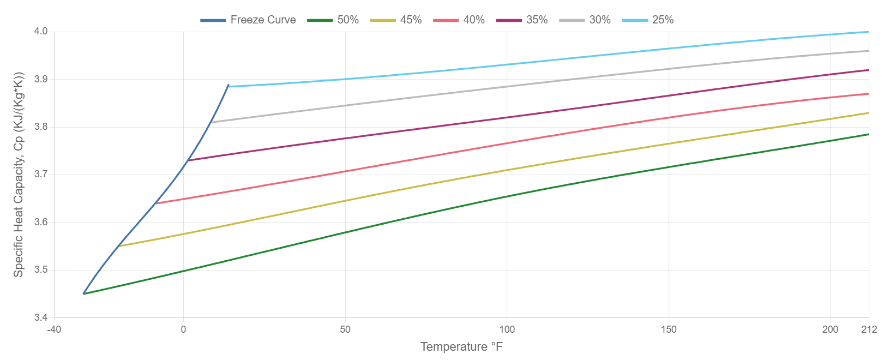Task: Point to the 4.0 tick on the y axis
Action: point(41,32)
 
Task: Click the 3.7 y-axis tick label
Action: point(41,175)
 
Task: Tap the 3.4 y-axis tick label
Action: point(41,317)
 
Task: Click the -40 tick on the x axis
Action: point(54,329)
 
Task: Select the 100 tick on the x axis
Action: point(507,329)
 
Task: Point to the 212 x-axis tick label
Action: point(869,329)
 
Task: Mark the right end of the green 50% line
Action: point(868,134)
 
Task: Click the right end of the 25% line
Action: point(868,32)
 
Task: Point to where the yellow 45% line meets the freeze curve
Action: point(119,246)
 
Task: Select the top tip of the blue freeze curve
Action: point(228,86)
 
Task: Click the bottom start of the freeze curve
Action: point(83,294)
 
